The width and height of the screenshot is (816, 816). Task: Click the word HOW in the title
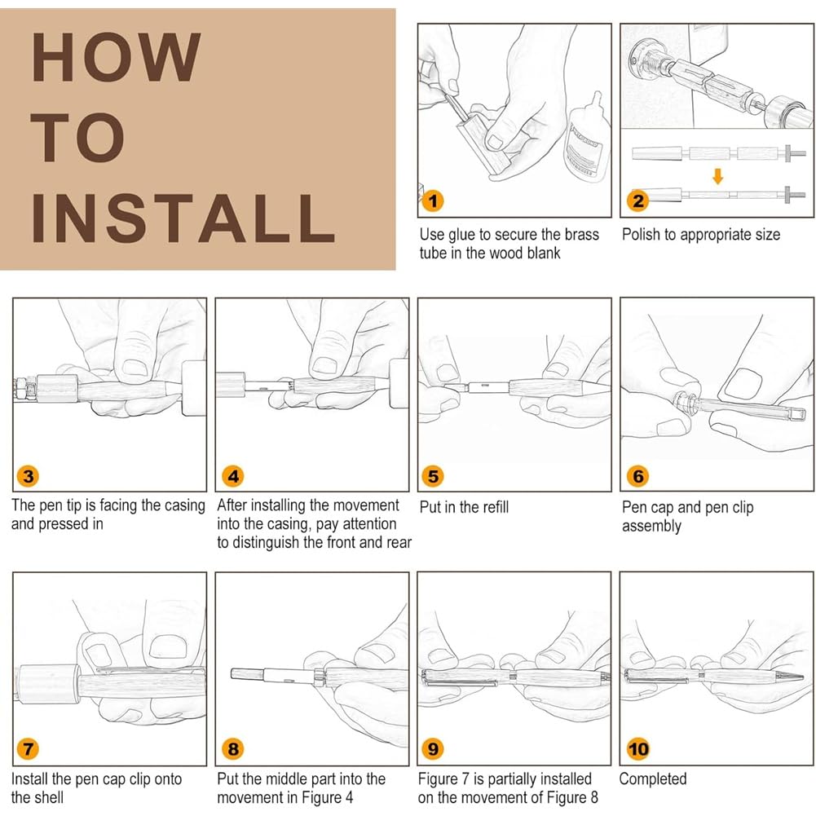pos(116,56)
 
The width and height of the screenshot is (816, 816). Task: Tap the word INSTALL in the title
pos(183,218)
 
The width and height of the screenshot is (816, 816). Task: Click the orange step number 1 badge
pos(433,201)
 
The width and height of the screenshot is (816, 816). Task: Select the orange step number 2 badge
pos(638,201)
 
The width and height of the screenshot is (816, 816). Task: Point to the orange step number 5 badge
pos(433,475)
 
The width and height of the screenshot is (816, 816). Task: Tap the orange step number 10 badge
pos(638,749)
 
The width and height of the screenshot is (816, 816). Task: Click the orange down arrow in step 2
pos(717,176)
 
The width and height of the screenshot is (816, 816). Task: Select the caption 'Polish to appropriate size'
pos(701,235)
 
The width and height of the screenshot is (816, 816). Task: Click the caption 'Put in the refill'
pos(464,507)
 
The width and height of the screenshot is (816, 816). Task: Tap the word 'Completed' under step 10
pos(653,779)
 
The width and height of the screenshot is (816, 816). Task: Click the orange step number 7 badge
pos(28,749)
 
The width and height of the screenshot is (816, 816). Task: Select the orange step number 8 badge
pos(233,749)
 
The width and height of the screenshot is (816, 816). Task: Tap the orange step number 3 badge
pos(28,475)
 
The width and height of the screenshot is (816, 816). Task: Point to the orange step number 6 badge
pos(638,475)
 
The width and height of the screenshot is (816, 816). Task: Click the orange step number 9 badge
pos(433,749)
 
